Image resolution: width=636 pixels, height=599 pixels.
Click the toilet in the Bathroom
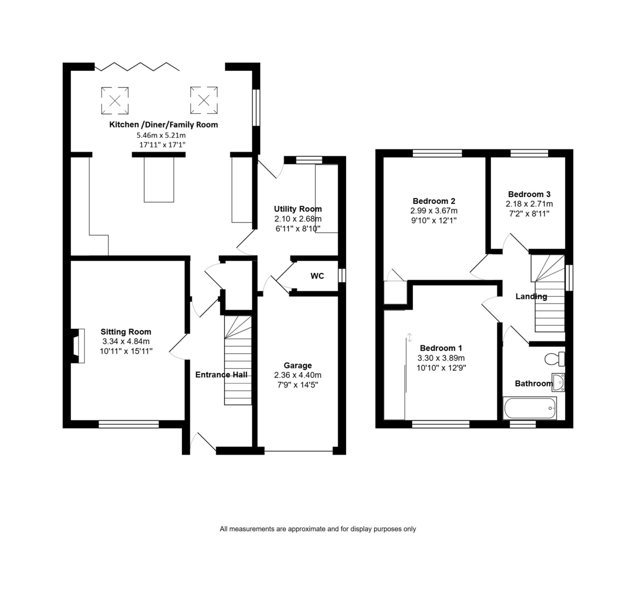(554, 359)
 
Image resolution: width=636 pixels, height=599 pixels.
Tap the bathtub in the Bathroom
(530, 408)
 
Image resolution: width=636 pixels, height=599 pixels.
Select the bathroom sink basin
(558, 382)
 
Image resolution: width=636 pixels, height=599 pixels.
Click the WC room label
(317, 275)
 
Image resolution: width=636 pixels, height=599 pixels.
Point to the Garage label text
(297, 365)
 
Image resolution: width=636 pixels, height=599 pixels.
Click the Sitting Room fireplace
(78, 346)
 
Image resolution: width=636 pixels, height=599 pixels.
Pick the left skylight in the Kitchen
(115, 101)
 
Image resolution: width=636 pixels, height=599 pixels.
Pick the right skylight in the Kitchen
(204, 100)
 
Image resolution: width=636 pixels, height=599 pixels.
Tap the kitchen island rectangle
(159, 180)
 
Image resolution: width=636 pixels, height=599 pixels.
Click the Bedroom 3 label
(529, 194)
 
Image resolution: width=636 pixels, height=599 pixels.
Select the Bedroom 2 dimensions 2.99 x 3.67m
(434, 211)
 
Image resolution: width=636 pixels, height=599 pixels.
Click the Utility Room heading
(298, 209)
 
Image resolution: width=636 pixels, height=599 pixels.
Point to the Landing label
(531, 296)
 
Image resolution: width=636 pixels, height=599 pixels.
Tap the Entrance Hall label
(222, 374)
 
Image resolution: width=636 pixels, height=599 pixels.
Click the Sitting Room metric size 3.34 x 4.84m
(126, 341)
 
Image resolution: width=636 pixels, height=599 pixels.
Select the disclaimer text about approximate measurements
(317, 529)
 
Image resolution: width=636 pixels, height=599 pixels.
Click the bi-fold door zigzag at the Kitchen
(137, 67)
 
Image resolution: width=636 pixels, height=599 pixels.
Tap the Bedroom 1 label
(441, 348)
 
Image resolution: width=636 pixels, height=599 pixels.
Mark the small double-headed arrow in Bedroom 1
(409, 337)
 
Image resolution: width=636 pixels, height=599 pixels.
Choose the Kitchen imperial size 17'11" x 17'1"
(162, 145)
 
